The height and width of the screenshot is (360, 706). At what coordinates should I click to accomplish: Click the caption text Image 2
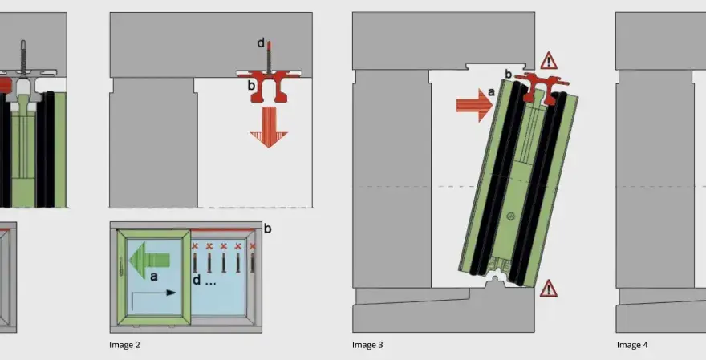[x=124, y=345]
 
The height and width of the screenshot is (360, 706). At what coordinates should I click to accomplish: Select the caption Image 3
[x=367, y=345]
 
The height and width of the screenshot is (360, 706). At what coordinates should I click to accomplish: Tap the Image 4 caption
[x=632, y=345]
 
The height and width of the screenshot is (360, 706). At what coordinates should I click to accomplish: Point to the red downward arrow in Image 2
[x=269, y=127]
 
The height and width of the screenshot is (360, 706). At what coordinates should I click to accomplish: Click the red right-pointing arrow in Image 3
[x=475, y=105]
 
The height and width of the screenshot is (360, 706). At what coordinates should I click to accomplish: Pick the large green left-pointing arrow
[x=149, y=260]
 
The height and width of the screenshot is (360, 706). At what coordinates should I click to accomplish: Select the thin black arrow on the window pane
[x=153, y=299]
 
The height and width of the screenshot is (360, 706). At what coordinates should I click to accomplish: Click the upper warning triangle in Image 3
[x=549, y=61]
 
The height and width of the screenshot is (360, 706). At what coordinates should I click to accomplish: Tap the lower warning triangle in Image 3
[x=548, y=289]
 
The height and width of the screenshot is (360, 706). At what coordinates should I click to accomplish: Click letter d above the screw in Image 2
[x=261, y=43]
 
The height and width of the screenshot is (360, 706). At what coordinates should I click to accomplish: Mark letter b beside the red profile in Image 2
[x=251, y=85]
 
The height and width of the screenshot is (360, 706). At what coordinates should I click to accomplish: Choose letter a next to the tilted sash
[x=491, y=92]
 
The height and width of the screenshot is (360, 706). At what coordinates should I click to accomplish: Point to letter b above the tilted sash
[x=509, y=74]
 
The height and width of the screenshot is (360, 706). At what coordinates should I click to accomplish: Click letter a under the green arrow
[x=154, y=277]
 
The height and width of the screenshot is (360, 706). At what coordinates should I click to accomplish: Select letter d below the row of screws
[x=197, y=281]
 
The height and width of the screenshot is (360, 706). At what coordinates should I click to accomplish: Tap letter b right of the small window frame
[x=267, y=229]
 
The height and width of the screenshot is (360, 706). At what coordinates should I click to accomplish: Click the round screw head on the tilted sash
[x=510, y=216]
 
